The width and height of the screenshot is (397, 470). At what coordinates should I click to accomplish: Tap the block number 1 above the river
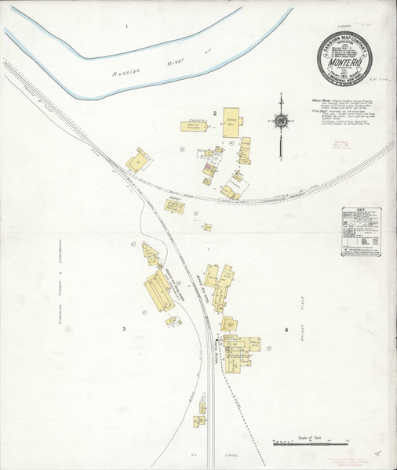coord(126,27)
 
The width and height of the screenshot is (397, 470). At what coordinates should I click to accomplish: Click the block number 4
coord(286,330)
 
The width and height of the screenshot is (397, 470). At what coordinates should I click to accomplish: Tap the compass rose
coord(280,121)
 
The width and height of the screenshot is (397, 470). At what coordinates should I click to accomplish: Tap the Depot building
coord(173,205)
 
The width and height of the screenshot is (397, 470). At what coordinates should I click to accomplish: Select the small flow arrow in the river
coord(208,51)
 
